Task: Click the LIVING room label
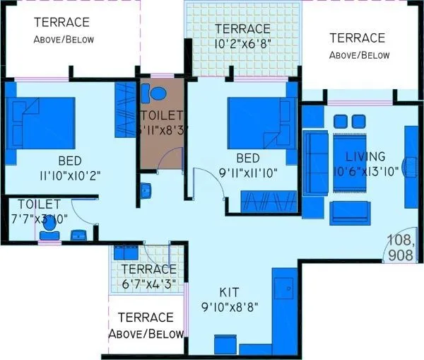click(x=365, y=156)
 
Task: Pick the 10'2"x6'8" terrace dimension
click(x=243, y=42)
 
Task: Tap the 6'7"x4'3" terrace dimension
click(x=148, y=284)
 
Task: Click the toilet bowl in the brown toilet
click(x=156, y=94)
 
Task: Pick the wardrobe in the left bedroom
click(x=126, y=110)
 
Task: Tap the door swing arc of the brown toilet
click(x=164, y=160)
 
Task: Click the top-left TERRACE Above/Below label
click(x=64, y=30)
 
